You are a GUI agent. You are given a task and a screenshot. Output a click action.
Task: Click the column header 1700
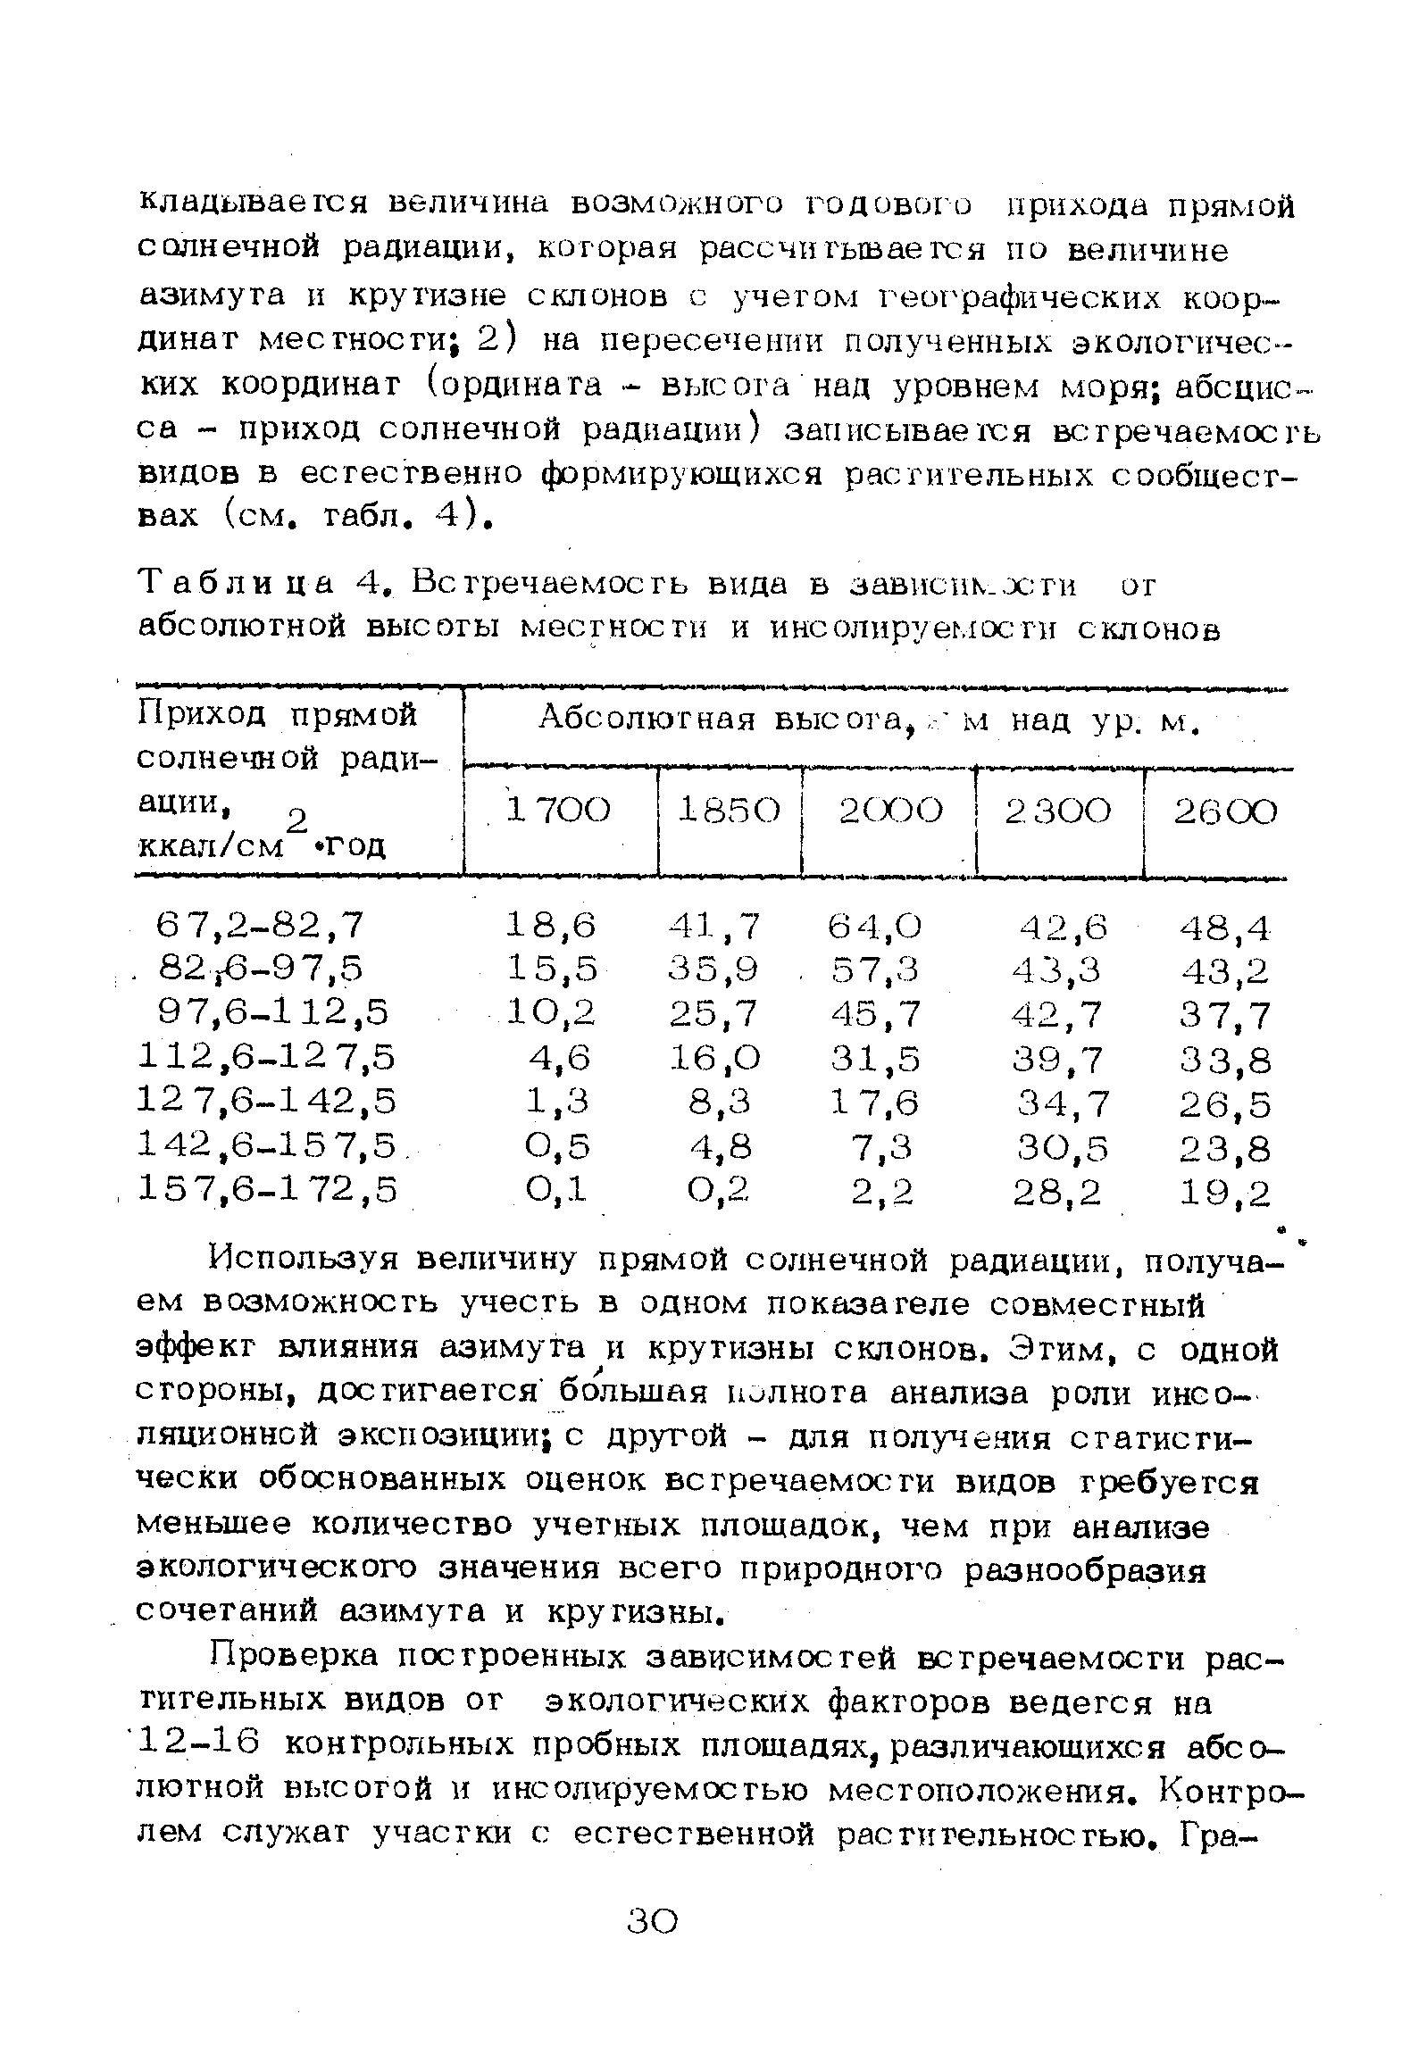559,811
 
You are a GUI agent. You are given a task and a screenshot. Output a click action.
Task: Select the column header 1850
729,811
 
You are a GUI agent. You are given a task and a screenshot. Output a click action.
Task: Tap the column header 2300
1059,811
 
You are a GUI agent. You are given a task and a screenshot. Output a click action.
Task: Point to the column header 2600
1224,812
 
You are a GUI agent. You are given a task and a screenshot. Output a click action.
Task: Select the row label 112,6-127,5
266,1058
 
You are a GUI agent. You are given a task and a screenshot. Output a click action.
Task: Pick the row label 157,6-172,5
266,1189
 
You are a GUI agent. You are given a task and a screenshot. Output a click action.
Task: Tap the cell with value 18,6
551,925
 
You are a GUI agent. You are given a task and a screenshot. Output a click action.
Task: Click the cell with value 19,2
1224,1193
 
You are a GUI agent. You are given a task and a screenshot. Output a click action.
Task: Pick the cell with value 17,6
874,1104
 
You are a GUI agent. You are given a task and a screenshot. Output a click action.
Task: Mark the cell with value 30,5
1061,1148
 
